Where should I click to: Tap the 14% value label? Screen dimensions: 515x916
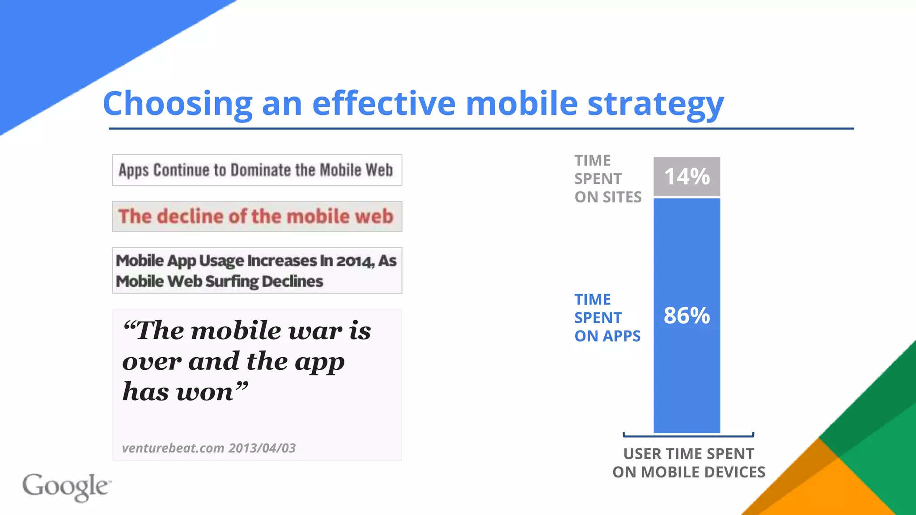point(687,177)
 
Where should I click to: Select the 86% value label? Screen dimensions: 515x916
point(687,316)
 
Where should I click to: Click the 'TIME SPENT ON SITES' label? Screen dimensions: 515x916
point(607,179)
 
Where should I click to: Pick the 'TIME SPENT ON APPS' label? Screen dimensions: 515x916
point(607,318)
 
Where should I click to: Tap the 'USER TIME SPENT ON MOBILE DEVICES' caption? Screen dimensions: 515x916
point(688,463)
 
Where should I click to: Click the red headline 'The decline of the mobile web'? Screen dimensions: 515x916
point(256,216)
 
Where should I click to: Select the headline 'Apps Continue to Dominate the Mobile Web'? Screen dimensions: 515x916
point(256,170)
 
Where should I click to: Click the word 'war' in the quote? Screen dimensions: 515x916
point(315,331)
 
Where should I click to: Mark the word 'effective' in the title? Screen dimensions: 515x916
point(384,104)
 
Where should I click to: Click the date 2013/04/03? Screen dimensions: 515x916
point(262,448)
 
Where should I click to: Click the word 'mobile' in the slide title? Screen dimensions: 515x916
point(522,104)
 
